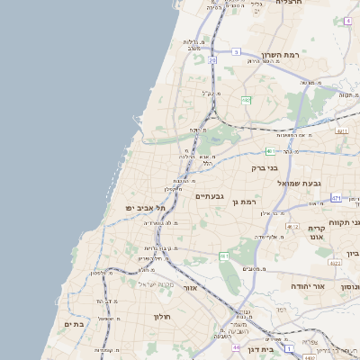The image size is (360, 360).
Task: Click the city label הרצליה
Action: (x=289, y=4)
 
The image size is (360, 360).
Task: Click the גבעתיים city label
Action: (x=209, y=195)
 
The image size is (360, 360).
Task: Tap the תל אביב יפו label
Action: (x=146, y=208)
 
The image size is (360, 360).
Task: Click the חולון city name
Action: (x=163, y=316)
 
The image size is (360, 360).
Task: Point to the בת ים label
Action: (x=73, y=323)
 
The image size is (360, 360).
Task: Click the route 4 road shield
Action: (x=347, y=21)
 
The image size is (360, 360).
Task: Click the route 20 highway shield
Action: (x=212, y=60)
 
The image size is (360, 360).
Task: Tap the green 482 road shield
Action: (x=246, y=100)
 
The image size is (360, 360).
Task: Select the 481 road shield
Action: (x=271, y=151)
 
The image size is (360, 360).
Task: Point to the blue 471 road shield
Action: (x=335, y=197)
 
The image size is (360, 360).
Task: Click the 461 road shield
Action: (x=224, y=256)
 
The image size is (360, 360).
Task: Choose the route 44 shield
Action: (x=236, y=346)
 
